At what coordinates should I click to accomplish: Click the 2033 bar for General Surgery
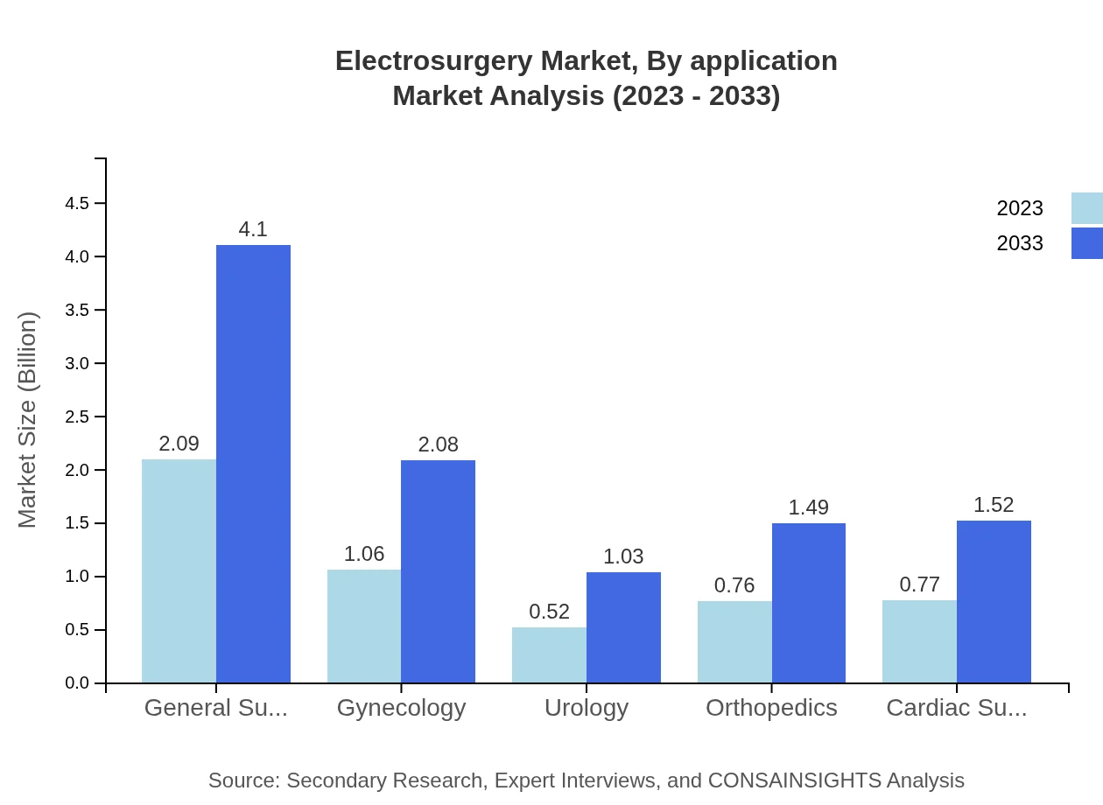(253, 464)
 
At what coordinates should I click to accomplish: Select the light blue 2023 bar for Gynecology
(364, 626)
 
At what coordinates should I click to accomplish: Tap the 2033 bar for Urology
(623, 627)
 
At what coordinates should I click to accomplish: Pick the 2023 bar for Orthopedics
(734, 642)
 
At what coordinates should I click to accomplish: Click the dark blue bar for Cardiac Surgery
(994, 602)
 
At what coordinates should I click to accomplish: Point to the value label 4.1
(253, 229)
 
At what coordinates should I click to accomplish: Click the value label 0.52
(550, 612)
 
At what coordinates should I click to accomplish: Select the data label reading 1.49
(808, 507)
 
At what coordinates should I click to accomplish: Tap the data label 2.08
(438, 444)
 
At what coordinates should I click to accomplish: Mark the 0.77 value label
(919, 584)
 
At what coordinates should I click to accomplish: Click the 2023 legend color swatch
(1086, 208)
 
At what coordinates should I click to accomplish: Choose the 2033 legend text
(1020, 243)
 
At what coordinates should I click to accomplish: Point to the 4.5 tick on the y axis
(77, 204)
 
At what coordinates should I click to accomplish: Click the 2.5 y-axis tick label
(77, 417)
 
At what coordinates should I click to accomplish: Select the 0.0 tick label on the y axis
(77, 683)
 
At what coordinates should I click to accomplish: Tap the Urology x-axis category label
(587, 708)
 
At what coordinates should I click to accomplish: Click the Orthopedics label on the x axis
(771, 708)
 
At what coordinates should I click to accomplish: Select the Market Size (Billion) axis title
(28, 420)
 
